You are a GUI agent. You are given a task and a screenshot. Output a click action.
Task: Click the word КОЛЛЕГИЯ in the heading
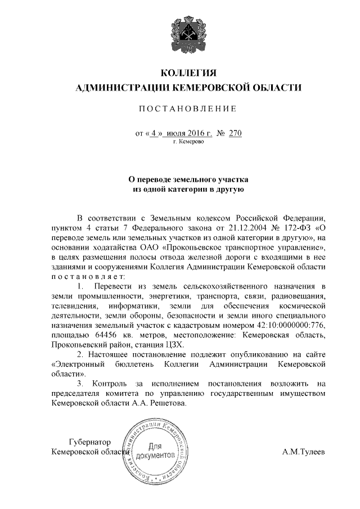(188, 73)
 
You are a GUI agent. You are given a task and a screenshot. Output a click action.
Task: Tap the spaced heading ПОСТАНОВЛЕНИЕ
(188, 109)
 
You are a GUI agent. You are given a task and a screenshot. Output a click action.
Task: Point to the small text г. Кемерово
(188, 143)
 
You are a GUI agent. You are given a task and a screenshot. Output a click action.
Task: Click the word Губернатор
(89, 442)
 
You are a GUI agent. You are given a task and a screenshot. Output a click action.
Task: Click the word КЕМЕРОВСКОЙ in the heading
(218, 88)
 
